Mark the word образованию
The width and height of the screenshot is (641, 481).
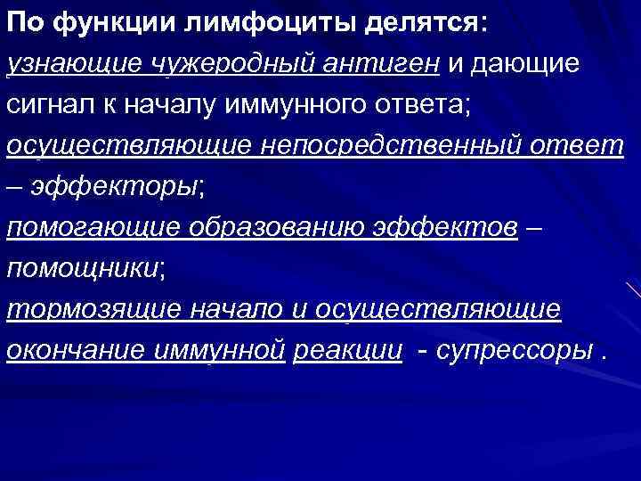tap(272, 228)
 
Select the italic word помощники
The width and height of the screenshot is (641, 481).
tap(81, 268)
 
